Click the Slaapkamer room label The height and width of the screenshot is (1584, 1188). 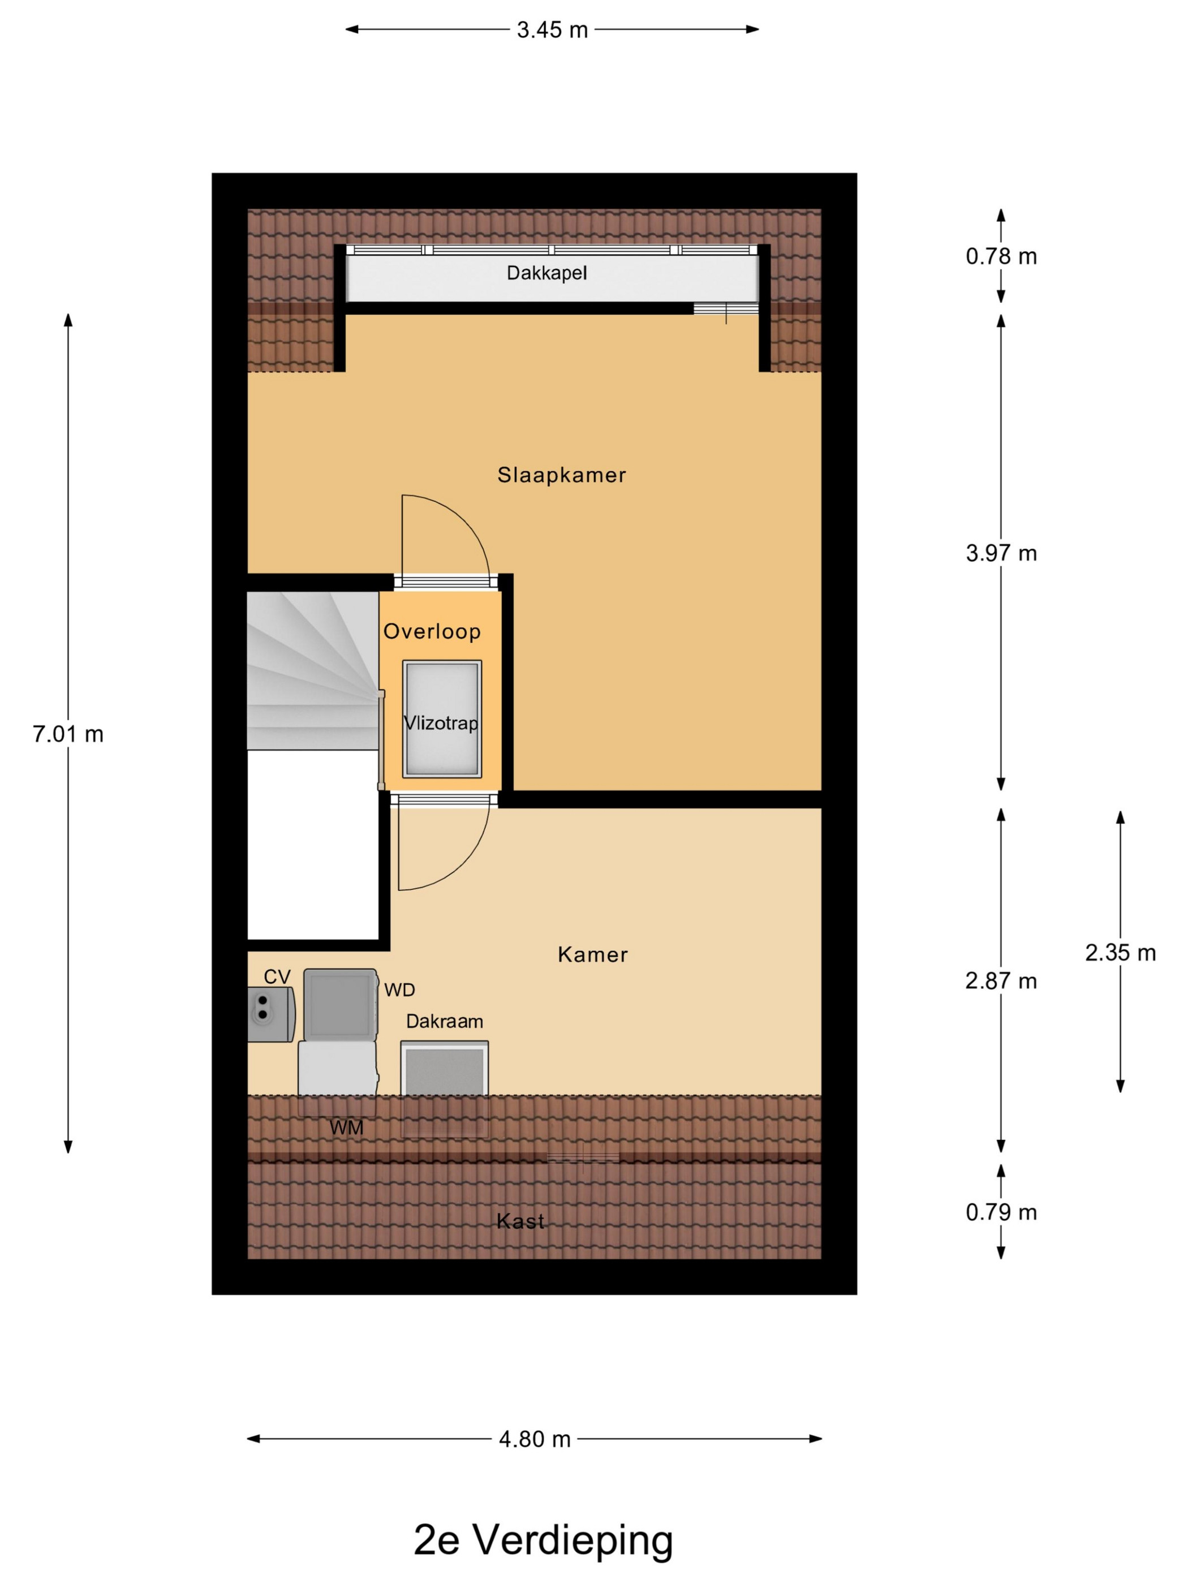coord(561,475)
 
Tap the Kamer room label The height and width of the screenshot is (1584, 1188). coord(592,954)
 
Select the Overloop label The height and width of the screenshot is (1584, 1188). coord(432,631)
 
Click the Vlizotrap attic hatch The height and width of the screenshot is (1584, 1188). coord(442,718)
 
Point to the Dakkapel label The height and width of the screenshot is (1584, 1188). coord(546,273)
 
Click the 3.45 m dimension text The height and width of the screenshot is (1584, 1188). coord(552,30)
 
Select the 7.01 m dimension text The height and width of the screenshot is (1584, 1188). coord(68,734)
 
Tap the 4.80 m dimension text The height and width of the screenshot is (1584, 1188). coord(535,1439)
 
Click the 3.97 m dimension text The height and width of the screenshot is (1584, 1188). coord(1001,553)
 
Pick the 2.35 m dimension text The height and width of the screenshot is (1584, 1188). coord(1120,953)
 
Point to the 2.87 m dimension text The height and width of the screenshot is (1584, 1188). coord(1001,980)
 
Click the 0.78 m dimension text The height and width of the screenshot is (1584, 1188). coord(1001,256)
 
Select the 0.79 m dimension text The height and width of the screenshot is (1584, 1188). coord(1001,1212)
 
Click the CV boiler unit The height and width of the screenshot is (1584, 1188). coord(270,1013)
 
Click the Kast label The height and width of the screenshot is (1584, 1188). coord(520,1220)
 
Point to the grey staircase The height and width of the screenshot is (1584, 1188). coord(313,670)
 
